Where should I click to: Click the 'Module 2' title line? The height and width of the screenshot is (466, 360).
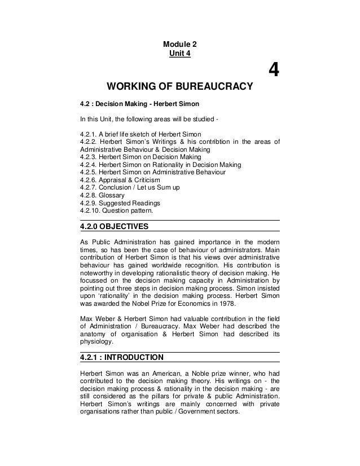point(180,45)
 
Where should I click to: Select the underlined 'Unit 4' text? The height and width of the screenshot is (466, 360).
point(180,54)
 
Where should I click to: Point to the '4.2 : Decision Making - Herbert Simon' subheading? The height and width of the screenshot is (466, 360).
point(139,105)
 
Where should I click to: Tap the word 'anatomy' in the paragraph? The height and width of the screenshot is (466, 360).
point(95,332)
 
